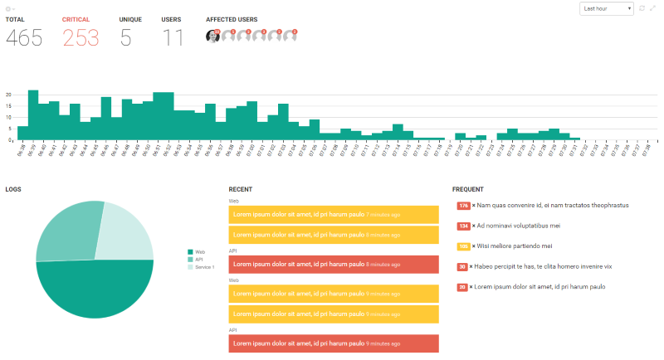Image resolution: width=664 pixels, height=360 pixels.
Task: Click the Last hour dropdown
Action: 607,8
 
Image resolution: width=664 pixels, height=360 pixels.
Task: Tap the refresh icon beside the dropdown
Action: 642,8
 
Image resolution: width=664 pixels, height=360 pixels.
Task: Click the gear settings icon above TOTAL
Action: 9,8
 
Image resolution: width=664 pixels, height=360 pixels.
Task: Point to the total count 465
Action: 24,37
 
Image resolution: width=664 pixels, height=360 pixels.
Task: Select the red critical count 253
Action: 81,37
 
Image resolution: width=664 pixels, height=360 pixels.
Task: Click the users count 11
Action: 173,37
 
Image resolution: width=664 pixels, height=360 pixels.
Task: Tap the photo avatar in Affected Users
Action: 212,36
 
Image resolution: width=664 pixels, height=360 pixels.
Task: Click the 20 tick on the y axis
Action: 8,95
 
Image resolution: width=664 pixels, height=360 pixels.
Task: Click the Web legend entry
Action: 198,251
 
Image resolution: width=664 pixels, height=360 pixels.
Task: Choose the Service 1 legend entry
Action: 203,267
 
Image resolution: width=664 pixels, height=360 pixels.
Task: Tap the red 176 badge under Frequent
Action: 463,205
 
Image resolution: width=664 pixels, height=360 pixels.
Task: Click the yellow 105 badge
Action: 463,246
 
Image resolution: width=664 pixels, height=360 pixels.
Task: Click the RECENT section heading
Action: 241,189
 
